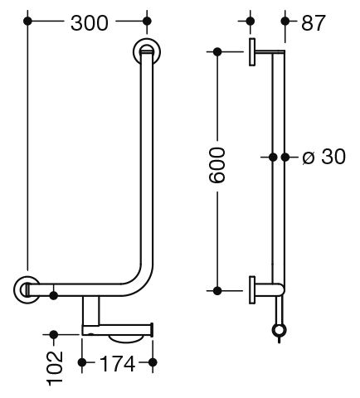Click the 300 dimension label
(x=90, y=23)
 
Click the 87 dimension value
(x=313, y=23)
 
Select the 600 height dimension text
(x=216, y=165)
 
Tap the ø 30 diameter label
(x=324, y=157)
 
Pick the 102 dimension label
(x=55, y=368)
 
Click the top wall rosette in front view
(x=147, y=51)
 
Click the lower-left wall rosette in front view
(x=27, y=289)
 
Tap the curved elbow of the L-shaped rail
(x=140, y=281)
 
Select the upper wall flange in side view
(x=252, y=52)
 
